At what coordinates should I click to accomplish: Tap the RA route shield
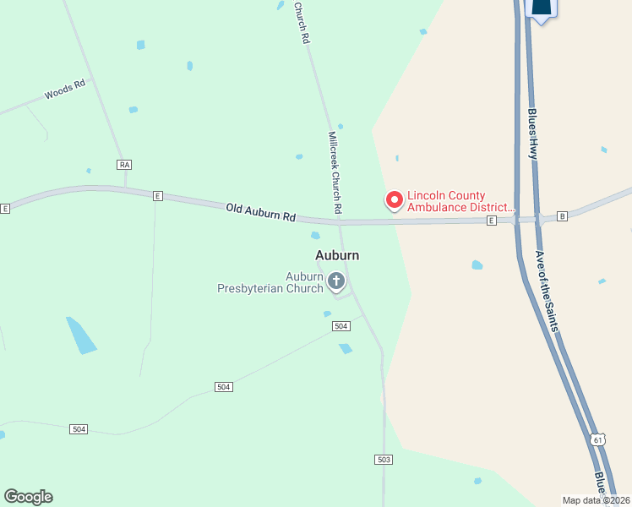(x=125, y=164)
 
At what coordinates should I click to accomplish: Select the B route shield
(x=563, y=216)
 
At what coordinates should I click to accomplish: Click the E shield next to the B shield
(x=491, y=221)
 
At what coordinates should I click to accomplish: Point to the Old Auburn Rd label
(x=260, y=212)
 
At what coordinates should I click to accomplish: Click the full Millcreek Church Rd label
(x=335, y=172)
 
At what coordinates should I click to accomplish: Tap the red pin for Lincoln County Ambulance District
(x=394, y=200)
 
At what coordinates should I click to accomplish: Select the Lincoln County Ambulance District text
(x=461, y=200)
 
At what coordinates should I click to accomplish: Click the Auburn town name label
(x=337, y=254)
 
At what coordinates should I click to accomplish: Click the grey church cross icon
(x=336, y=281)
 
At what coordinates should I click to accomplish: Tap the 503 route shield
(x=384, y=459)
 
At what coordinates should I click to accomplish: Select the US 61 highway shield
(x=598, y=440)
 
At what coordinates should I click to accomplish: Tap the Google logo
(x=29, y=497)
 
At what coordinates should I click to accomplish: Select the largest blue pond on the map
(x=82, y=335)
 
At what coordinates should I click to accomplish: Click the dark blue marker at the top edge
(x=541, y=9)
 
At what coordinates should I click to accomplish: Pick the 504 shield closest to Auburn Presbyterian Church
(x=341, y=326)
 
